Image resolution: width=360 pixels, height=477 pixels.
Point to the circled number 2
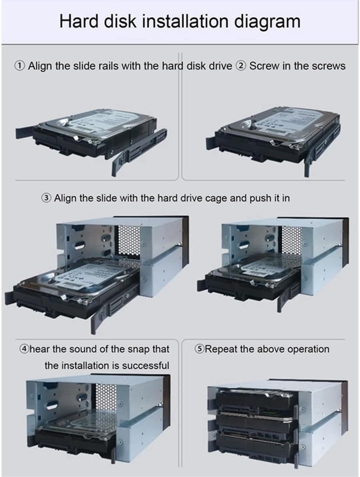pos(241,66)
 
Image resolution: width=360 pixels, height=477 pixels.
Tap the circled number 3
pos(47,198)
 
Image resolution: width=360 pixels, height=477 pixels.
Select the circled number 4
pos(24,349)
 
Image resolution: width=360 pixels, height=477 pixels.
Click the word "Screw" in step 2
pos(264,66)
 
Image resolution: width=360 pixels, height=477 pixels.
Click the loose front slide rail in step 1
pos(138,150)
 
